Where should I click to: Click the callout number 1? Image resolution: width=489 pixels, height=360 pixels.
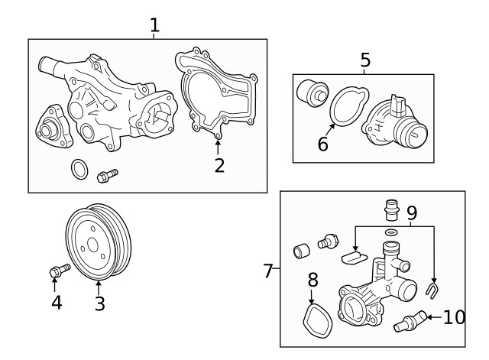point(154,24)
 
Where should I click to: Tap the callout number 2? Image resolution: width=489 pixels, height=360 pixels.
point(219,164)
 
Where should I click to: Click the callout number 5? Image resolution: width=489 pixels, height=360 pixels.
point(365,60)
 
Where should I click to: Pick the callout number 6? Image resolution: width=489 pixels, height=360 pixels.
point(323,142)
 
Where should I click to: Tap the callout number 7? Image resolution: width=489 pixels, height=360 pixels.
point(268,271)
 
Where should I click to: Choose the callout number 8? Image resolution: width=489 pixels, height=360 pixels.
point(312,280)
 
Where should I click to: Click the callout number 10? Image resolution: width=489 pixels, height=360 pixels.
point(454,316)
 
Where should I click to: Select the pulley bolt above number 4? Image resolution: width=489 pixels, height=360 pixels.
point(57,270)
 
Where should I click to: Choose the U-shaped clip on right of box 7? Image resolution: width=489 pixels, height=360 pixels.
point(432,289)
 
